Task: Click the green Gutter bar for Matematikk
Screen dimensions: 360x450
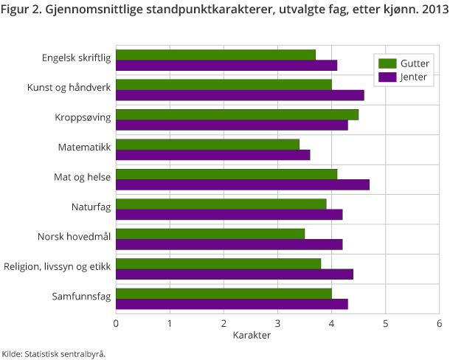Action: pyautogui.click(x=207, y=144)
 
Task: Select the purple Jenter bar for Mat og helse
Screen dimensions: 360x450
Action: pyautogui.click(x=243, y=184)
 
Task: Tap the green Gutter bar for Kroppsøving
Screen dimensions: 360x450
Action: pyautogui.click(x=237, y=114)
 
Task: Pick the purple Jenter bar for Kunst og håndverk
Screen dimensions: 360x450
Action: pyautogui.click(x=240, y=94)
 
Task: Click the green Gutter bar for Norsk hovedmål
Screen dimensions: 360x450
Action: pyautogui.click(x=210, y=234)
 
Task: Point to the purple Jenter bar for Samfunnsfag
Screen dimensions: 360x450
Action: pyautogui.click(x=232, y=304)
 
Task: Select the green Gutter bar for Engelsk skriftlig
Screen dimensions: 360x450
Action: pyautogui.click(x=215, y=55)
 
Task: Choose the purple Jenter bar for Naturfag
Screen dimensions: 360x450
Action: pyautogui.click(x=229, y=214)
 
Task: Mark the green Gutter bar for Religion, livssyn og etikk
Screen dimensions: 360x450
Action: pyautogui.click(x=218, y=264)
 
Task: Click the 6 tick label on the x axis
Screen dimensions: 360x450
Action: pyautogui.click(x=439, y=323)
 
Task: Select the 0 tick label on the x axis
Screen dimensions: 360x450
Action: pyautogui.click(x=116, y=323)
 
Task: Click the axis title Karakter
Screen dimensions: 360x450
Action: pyautogui.click(x=252, y=335)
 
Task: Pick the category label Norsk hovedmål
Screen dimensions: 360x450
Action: pyautogui.click(x=74, y=237)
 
